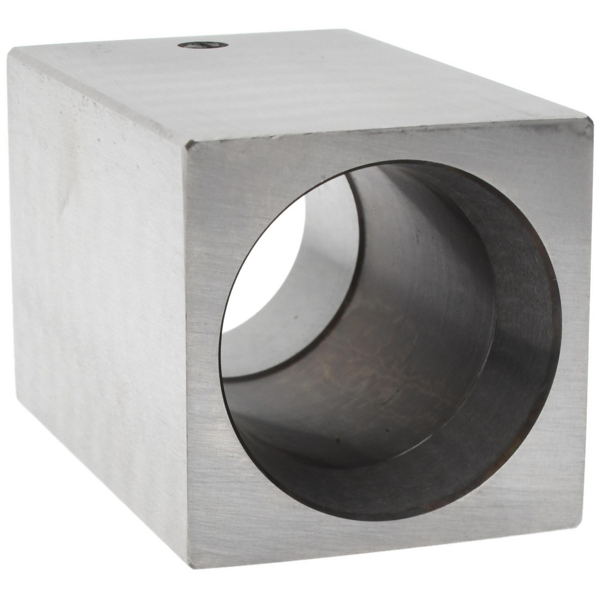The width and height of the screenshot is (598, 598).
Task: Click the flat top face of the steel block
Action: tap(299, 84)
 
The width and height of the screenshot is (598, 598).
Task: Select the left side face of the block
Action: tap(96, 269)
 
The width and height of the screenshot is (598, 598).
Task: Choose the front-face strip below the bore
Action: tap(383, 541)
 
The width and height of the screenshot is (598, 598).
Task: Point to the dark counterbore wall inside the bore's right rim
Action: tap(526, 335)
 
